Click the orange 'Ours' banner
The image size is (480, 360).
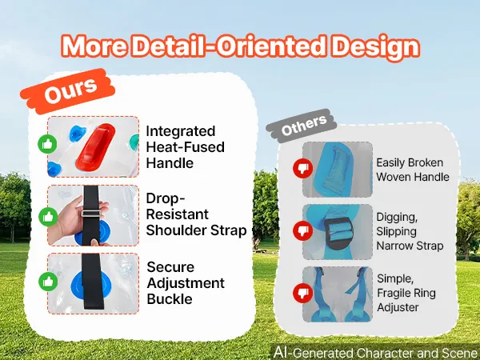point(68,91)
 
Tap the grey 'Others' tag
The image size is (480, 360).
point(302,126)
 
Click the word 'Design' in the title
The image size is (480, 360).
point(376,47)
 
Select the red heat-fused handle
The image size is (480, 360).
point(95,147)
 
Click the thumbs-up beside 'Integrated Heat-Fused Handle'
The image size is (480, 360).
point(47,144)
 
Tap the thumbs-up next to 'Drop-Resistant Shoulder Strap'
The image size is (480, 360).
point(48,217)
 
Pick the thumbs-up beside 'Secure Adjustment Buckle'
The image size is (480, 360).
point(48,282)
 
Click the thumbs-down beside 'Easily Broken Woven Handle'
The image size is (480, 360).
point(302,168)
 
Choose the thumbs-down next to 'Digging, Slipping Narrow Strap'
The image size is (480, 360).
point(302,230)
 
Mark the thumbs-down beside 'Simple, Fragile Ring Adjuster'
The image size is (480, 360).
point(302,293)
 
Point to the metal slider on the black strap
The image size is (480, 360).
point(90,214)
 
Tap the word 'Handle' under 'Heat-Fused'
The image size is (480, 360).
point(170,163)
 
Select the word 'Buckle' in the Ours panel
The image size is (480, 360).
point(170,299)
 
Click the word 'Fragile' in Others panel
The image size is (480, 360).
point(393,294)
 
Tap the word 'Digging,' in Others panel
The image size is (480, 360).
point(397,218)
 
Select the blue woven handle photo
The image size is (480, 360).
point(338,170)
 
